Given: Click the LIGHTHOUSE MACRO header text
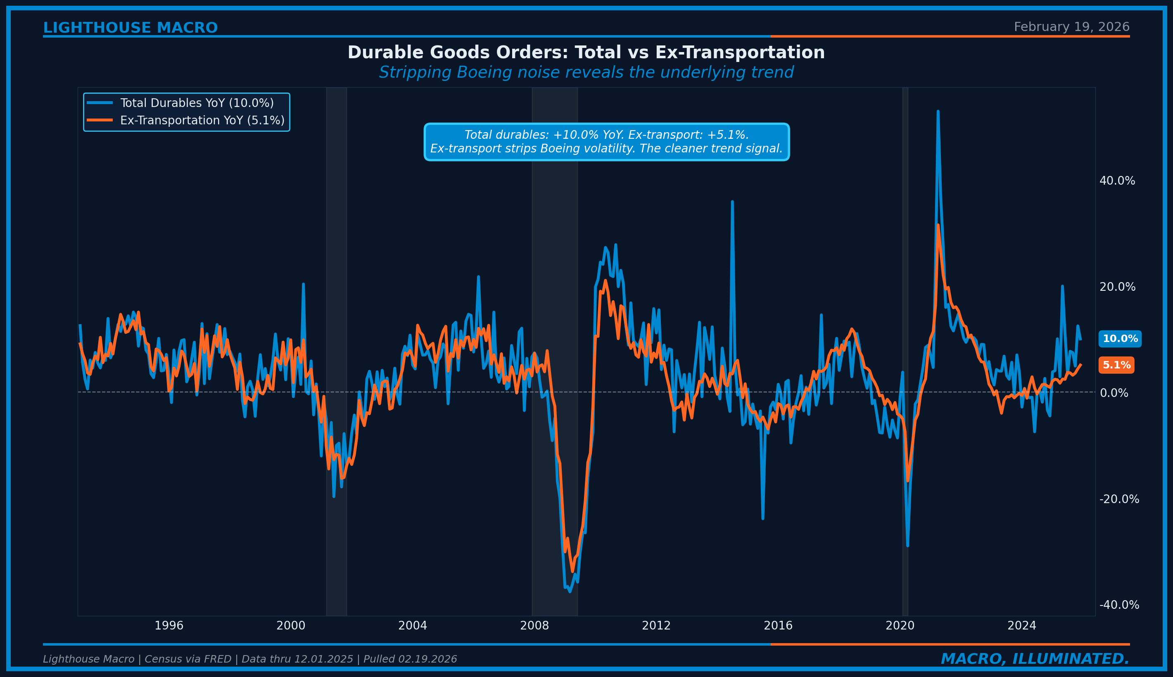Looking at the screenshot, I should [130, 28].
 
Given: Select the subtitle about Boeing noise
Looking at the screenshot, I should [586, 73].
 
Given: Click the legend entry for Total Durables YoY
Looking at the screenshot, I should [197, 103].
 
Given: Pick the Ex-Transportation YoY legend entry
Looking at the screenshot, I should [202, 121].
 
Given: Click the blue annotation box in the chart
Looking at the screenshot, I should [606, 142].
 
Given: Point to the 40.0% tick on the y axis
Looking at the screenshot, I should [1117, 181].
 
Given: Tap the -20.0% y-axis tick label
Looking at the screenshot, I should [1118, 499].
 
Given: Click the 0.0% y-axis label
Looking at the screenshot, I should [1114, 393].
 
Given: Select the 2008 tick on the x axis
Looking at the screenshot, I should [534, 626].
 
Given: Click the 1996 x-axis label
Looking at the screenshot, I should [169, 626].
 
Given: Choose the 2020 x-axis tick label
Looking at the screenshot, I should [900, 626].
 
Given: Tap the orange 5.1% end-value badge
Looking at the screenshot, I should [1116, 365].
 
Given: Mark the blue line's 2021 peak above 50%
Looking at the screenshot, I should [938, 112].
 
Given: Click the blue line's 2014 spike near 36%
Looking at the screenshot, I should [732, 202].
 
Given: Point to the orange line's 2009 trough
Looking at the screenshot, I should [572, 571].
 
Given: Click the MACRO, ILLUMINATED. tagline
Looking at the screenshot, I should [1035, 659].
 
